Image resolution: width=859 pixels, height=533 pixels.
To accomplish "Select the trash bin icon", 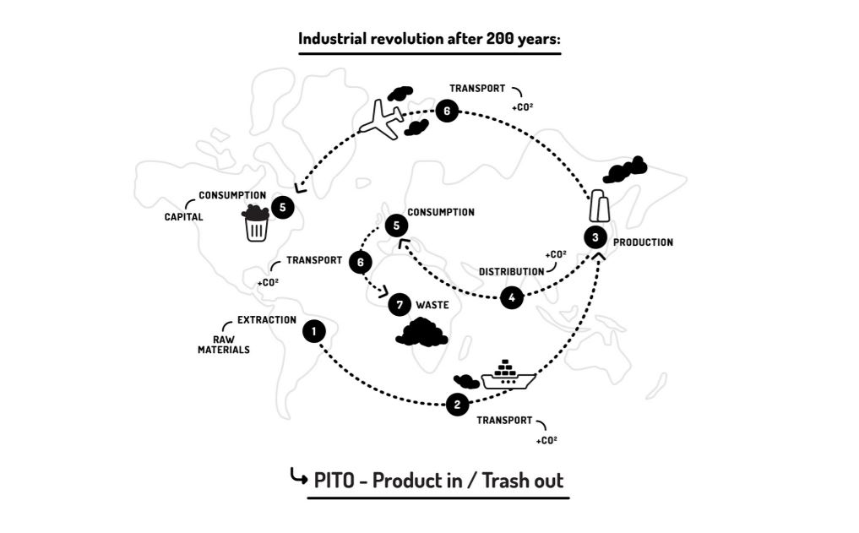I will (256, 224).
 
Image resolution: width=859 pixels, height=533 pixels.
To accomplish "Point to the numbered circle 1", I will (314, 332).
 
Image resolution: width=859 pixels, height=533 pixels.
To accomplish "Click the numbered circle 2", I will (457, 405).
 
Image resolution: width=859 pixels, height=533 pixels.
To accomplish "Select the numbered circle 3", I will (595, 237).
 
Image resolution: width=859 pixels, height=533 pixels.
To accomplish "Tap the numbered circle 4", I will (511, 297).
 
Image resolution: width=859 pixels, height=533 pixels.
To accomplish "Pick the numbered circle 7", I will (400, 304).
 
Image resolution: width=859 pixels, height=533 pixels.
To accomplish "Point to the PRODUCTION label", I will (643, 242).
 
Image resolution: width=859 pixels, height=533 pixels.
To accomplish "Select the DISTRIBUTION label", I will (511, 272).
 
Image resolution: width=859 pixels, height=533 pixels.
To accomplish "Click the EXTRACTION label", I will (266, 320).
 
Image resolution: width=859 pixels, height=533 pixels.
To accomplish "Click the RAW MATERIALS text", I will (224, 344).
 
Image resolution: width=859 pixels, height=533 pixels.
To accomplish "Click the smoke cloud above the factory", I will (625, 170).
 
